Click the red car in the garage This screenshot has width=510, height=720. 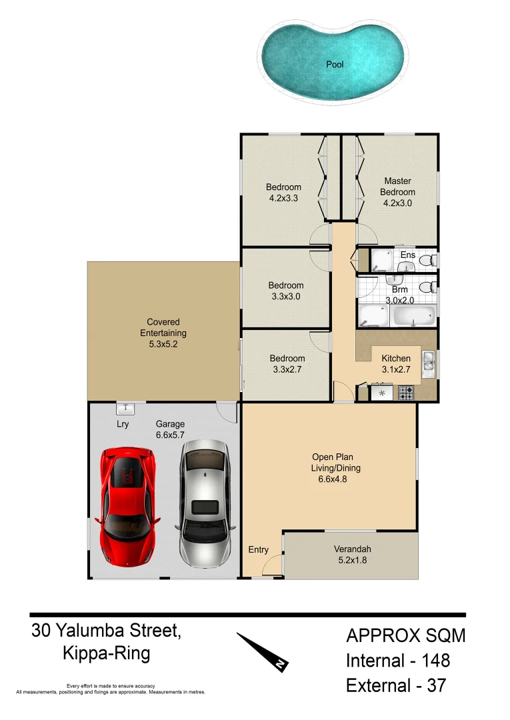(x=127, y=507)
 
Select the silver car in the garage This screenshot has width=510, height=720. (x=204, y=503)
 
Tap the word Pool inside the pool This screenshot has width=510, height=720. (x=335, y=65)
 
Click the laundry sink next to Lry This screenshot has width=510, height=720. (x=125, y=408)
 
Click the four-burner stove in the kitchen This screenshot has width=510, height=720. (x=406, y=393)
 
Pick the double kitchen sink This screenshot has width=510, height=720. (x=428, y=363)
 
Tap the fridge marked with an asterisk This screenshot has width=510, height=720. (x=382, y=393)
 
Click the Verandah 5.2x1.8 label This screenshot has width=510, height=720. (x=352, y=555)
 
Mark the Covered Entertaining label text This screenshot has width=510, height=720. (x=163, y=333)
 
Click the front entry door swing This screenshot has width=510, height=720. (x=272, y=567)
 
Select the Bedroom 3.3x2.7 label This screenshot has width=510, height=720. (x=287, y=363)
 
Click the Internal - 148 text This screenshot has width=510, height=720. (x=397, y=661)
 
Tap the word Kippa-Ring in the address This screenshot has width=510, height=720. (x=107, y=653)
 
